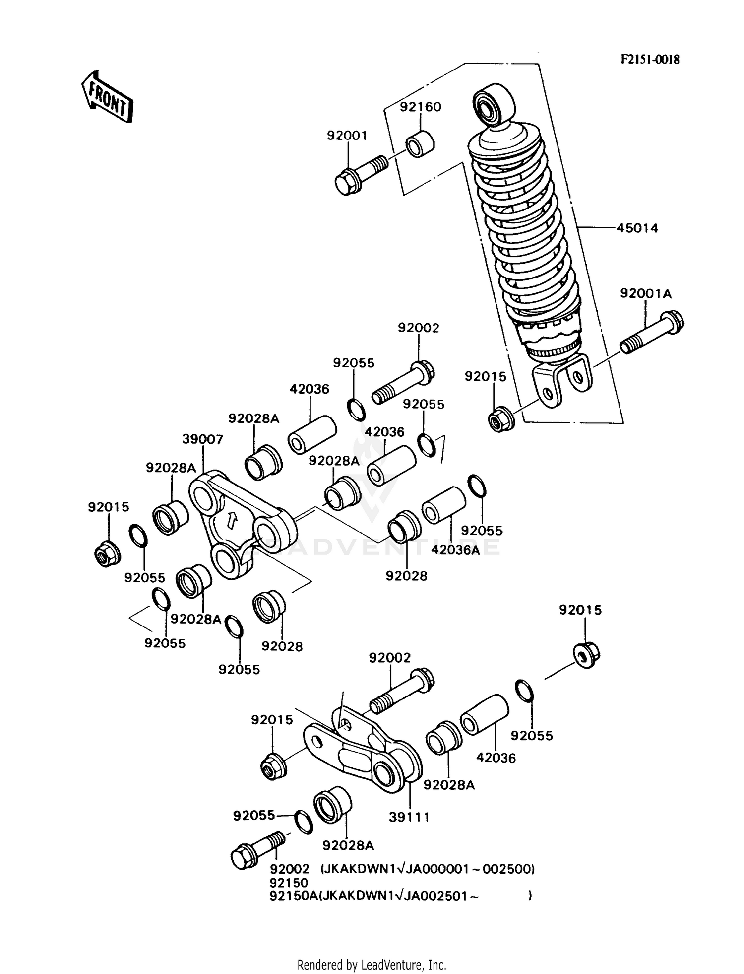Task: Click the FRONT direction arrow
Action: (x=108, y=96)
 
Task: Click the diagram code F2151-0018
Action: (x=650, y=60)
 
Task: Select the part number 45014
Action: (x=637, y=228)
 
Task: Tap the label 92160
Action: (x=421, y=107)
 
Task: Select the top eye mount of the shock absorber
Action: (x=494, y=105)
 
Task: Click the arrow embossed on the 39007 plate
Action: (x=231, y=520)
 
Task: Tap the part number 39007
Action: (x=202, y=439)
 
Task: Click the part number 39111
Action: (x=409, y=817)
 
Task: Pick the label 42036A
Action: (x=455, y=550)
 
